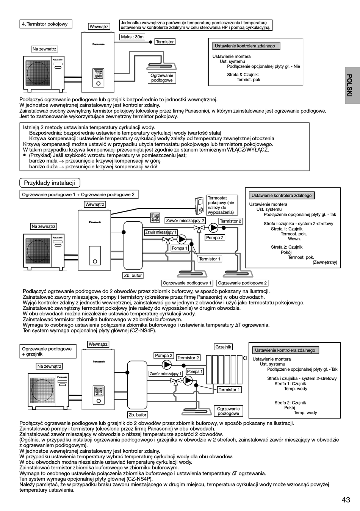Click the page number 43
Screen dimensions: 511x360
pos(346,500)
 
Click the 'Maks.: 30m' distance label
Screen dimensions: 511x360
pos(132,37)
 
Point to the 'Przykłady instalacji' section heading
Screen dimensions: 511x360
pos(49,183)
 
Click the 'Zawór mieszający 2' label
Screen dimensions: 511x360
pos(185,221)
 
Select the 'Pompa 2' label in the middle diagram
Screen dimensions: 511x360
pos(214,238)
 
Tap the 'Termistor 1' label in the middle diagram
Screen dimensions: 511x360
pos(210,259)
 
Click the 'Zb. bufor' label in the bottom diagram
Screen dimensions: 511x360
pos(137,415)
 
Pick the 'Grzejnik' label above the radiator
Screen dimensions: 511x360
pos(223,347)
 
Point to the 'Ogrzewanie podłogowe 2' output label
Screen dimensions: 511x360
pos(242,283)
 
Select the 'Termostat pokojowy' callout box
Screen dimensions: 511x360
pos(222,205)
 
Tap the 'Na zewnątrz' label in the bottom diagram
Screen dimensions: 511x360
pos(49,366)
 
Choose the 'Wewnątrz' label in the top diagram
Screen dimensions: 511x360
pos(99,27)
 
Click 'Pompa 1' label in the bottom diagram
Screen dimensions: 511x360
pos(195,371)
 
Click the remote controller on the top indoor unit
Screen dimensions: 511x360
pos(99,78)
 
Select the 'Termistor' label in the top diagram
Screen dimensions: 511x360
pos(165,42)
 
